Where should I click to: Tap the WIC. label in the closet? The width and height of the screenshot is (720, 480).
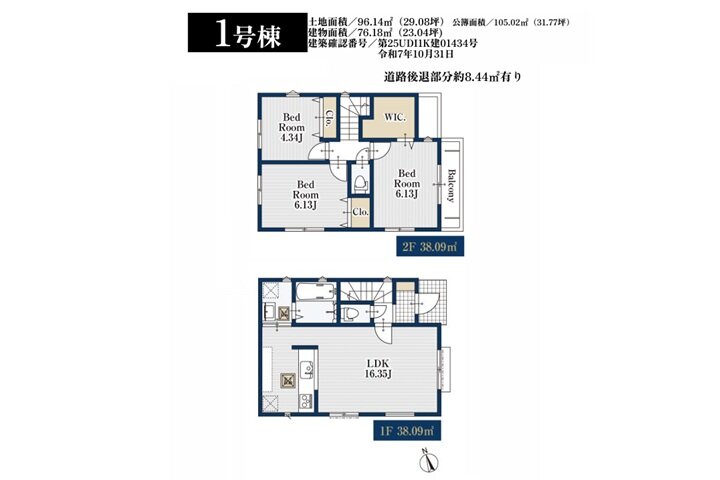394,117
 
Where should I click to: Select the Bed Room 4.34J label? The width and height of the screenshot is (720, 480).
291,127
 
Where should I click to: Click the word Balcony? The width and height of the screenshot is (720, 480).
451,186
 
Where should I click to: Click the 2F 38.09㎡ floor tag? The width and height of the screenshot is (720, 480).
430,247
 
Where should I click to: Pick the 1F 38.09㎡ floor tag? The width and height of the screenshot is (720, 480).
407,430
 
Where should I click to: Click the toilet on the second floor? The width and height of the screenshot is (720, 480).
360,182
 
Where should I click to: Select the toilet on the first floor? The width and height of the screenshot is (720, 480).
351,314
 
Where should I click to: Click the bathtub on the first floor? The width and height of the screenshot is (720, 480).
315,291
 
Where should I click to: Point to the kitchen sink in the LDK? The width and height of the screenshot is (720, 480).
306,369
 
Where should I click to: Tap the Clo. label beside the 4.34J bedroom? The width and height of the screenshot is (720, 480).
329,119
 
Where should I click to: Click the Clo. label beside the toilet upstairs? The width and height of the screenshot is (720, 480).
361,212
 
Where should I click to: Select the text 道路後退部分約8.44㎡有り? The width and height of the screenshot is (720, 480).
453,77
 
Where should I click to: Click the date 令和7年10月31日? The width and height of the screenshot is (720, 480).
416,54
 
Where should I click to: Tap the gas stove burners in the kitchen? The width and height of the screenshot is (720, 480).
305,401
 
